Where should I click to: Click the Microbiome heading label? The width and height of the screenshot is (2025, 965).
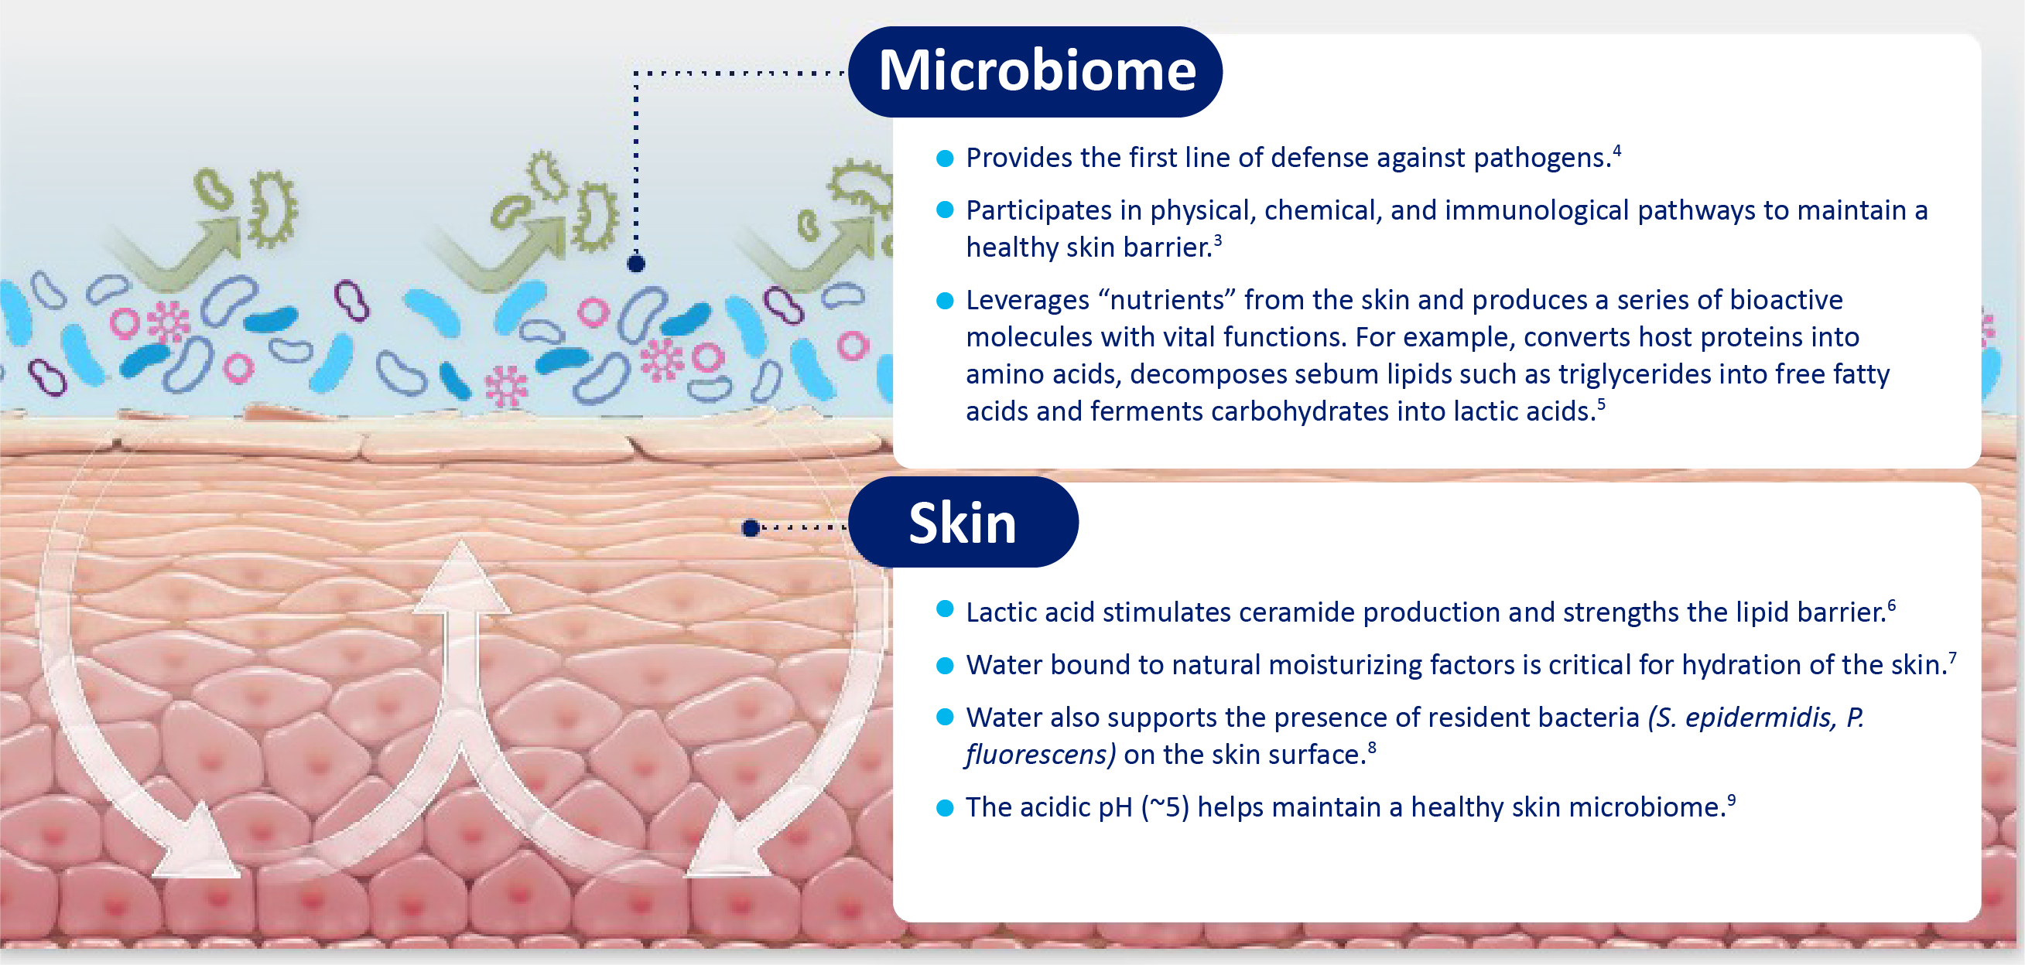[x=1037, y=70]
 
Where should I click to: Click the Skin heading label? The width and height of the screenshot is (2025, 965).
[x=963, y=523]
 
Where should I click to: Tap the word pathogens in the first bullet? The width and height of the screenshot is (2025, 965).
[x=1541, y=158]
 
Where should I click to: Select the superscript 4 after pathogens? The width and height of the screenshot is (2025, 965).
[x=1617, y=149]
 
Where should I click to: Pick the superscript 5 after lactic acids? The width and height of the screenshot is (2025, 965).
[x=1600, y=403]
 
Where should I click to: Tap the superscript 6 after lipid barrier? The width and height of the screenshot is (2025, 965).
[x=1891, y=605]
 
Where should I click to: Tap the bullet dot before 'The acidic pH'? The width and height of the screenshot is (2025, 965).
[x=945, y=808]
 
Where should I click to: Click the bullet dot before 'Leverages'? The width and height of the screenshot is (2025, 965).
[x=945, y=301]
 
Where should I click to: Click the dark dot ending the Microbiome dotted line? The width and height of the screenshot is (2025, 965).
[x=636, y=263]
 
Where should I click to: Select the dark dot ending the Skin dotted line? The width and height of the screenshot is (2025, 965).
[x=751, y=528]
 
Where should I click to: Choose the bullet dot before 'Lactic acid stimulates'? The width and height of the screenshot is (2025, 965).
[x=945, y=609]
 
